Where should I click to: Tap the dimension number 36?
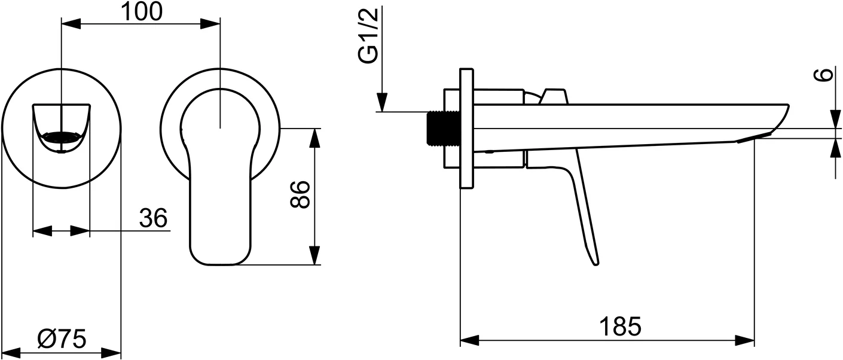point(153,219)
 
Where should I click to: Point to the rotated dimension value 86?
point(300,194)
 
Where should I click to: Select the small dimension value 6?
point(825,75)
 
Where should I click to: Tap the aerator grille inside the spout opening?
point(61,137)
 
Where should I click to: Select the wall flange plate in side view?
point(466,129)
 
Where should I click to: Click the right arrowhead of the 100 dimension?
point(210,24)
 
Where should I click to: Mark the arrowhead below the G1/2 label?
point(381,102)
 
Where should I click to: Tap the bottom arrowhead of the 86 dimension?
point(314,255)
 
